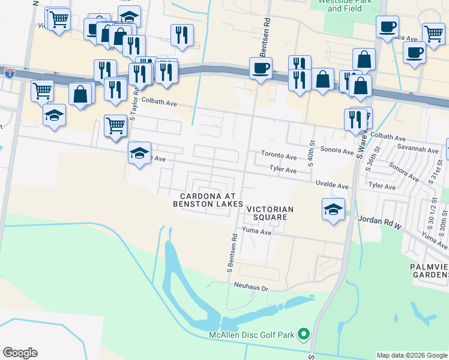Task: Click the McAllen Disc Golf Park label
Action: click(x=252, y=334)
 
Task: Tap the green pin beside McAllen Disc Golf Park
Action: click(x=304, y=334)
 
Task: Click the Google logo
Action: click(x=20, y=353)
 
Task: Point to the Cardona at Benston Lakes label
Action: click(x=207, y=200)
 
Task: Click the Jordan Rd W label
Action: click(x=379, y=220)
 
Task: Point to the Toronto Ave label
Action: click(x=279, y=156)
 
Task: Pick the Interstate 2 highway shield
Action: click(x=9, y=73)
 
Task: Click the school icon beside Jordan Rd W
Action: click(x=333, y=210)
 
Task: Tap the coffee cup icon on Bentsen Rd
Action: click(x=261, y=69)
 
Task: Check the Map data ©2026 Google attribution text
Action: click(x=412, y=355)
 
